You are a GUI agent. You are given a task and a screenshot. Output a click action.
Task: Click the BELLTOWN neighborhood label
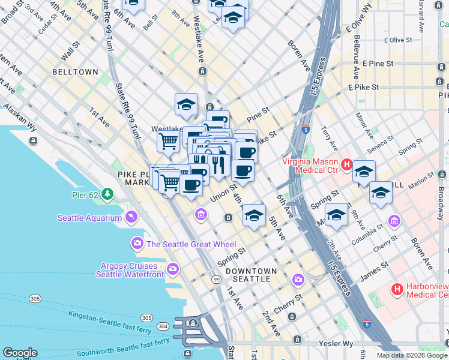[75, 72]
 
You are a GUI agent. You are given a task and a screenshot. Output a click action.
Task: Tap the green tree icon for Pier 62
[107, 194]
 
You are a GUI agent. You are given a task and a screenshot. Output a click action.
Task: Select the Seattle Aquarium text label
[89, 218]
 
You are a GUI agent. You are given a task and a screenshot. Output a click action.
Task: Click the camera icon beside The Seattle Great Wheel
[137, 244]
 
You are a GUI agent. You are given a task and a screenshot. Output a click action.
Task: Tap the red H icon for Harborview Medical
[397, 290]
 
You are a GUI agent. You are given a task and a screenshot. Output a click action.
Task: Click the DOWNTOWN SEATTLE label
[251, 275]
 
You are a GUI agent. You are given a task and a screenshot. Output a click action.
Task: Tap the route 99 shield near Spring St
[215, 279]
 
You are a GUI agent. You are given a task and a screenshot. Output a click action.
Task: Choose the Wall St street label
[70, 51]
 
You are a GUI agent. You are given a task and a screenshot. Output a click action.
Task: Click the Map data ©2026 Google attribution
[412, 355]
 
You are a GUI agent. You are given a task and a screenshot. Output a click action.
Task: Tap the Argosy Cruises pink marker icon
[173, 268]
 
